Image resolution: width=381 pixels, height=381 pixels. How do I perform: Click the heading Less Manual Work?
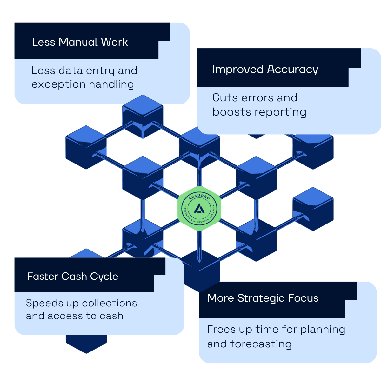click(x=80, y=42)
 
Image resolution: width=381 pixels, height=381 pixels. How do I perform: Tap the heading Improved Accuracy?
click(x=265, y=70)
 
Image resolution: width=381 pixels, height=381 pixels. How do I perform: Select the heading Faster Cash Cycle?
click(x=72, y=277)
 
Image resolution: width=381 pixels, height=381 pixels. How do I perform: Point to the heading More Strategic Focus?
click(x=263, y=298)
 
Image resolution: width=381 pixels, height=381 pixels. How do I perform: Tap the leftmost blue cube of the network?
click(x=86, y=147)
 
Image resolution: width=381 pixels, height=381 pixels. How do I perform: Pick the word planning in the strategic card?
click(x=323, y=330)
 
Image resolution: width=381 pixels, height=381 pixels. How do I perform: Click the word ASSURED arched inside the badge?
click(x=199, y=197)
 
